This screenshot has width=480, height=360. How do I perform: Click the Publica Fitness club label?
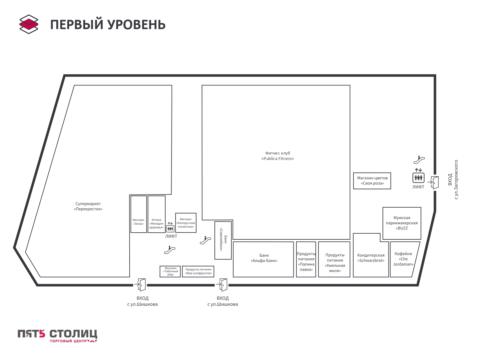tap(277, 156)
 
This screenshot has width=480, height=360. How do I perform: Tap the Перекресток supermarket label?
tap(88, 206)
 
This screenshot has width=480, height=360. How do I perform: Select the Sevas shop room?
tap(139, 214)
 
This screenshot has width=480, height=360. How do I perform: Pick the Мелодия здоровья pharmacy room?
tap(156, 214)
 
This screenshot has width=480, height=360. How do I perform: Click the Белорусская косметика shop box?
tap(186, 223)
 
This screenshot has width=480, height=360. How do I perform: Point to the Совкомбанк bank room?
tap(223, 240)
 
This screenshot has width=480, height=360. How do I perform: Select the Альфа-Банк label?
tap(264, 258)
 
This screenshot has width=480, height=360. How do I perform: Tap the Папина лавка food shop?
tap(306, 259)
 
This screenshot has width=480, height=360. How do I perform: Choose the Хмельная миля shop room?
tap(334, 259)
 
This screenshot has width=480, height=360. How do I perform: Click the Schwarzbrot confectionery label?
tap(371, 258)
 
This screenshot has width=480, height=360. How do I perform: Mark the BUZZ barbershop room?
tap(402, 223)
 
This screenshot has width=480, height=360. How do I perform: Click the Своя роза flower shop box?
tap(372, 181)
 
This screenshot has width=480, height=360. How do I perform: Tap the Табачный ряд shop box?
tap(170, 271)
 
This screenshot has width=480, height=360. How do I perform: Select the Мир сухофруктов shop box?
tap(198, 271)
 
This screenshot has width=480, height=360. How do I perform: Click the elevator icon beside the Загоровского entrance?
tap(418, 178)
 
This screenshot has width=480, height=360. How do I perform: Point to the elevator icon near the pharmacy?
tap(170, 228)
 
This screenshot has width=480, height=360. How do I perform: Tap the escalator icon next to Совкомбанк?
tap(205, 240)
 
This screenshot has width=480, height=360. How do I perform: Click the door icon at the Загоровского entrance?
tap(435, 182)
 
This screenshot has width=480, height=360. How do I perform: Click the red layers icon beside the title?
tap(29, 24)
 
